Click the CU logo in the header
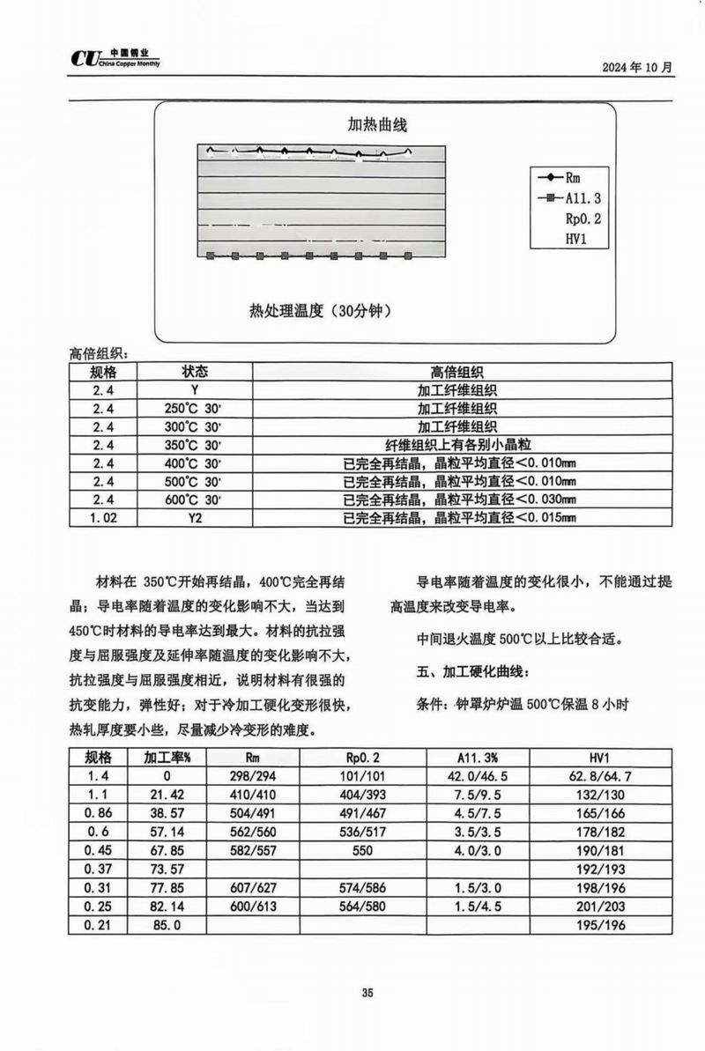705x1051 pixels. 88,59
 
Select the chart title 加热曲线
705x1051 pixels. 378,126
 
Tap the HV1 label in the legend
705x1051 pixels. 575,238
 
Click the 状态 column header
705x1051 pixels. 195,372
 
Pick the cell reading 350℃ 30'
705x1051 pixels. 195,445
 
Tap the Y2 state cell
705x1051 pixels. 195,518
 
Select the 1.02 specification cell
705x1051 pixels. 103,518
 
